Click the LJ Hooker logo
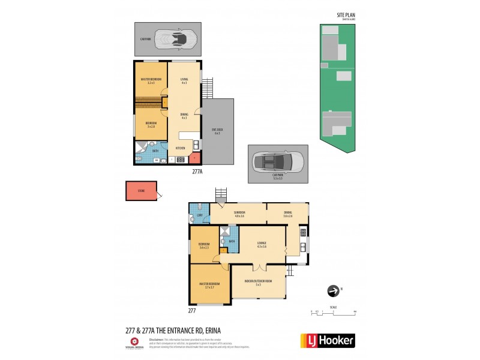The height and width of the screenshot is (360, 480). (327, 340)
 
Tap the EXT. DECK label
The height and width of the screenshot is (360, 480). (217, 130)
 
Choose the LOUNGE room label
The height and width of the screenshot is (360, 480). (262, 243)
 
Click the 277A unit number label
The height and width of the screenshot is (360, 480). (197, 171)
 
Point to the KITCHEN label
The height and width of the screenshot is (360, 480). (180, 147)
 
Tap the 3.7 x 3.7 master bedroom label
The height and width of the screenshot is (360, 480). (209, 286)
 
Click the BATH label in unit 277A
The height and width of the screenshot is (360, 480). (155, 151)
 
